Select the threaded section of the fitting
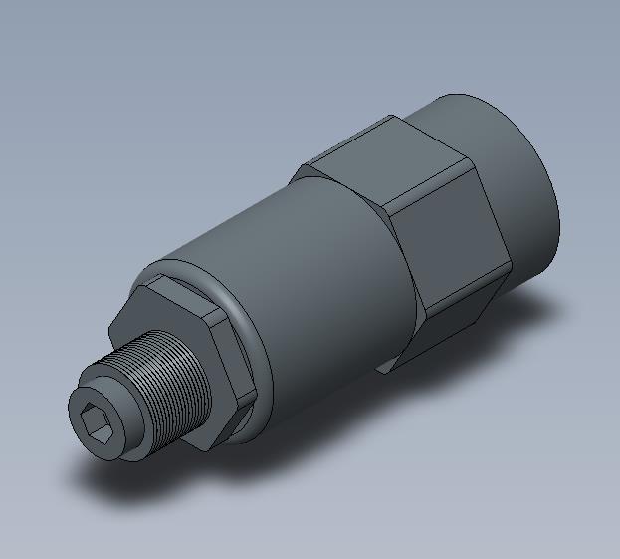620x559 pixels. click(169, 384)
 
